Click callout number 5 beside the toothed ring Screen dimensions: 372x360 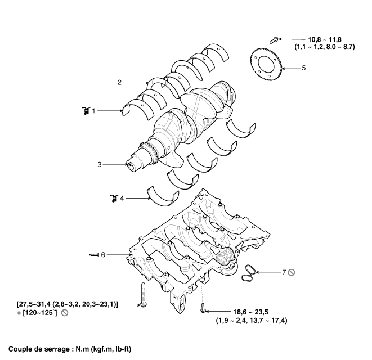click(x=304, y=68)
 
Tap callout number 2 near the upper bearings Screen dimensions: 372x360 click(x=119, y=83)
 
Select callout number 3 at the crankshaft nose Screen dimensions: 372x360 click(x=100, y=164)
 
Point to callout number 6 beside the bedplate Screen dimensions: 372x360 click(x=103, y=255)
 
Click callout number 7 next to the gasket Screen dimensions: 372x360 click(x=284, y=272)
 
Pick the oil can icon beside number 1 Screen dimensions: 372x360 click(x=86, y=110)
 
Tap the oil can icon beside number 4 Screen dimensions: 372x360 click(x=114, y=198)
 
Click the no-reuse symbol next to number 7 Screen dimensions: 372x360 click(x=292, y=272)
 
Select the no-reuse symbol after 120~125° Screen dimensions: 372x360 click(x=65, y=313)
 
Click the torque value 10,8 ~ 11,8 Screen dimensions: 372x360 click(x=325, y=39)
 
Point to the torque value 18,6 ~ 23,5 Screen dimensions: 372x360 click(x=251, y=312)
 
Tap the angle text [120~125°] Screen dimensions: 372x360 click(x=40, y=313)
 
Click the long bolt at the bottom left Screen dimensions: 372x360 click(x=143, y=295)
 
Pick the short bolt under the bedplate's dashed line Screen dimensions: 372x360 click(x=203, y=308)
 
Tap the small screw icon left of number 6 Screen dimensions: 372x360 click(x=95, y=255)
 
